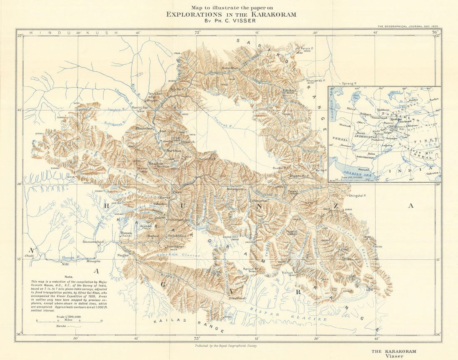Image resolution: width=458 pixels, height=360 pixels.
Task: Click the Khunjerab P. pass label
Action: click(315, 80)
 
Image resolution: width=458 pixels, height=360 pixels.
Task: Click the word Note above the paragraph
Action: click(69, 277)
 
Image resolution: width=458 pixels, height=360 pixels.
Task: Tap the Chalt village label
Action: click(29, 256)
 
